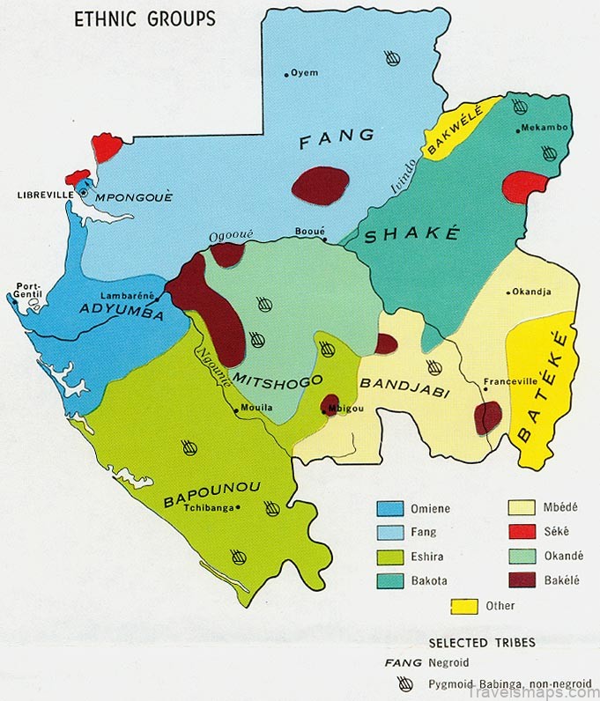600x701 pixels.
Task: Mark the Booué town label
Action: (309, 232)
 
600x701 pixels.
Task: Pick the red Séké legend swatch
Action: (524, 531)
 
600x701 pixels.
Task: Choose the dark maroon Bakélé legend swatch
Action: (524, 579)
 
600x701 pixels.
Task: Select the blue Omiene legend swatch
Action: (390, 508)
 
